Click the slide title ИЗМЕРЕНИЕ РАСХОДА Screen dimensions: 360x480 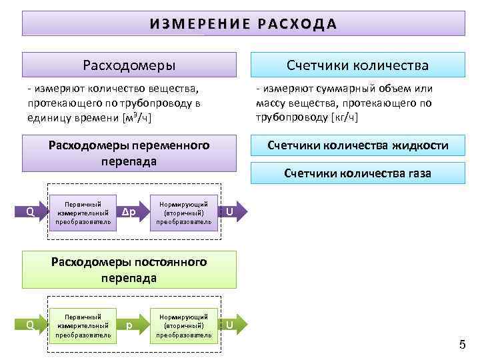pos(243,23)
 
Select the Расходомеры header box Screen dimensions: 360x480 pos(129,65)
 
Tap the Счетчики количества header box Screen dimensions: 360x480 pos(357,65)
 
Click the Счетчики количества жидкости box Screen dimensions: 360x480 pos(357,146)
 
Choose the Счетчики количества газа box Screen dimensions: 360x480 pos(357,173)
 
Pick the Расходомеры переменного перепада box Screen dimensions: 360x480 pos(129,153)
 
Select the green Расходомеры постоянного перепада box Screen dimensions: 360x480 pos(129,269)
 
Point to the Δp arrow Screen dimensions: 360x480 pos(131,212)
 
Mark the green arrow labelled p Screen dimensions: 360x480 pos(131,325)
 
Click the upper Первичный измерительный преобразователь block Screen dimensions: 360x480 pos(83,212)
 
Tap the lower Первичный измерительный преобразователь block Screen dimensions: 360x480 pos(83,325)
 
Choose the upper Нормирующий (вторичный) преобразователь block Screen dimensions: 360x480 pos(184,212)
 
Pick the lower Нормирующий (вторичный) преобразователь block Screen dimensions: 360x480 pos(184,325)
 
